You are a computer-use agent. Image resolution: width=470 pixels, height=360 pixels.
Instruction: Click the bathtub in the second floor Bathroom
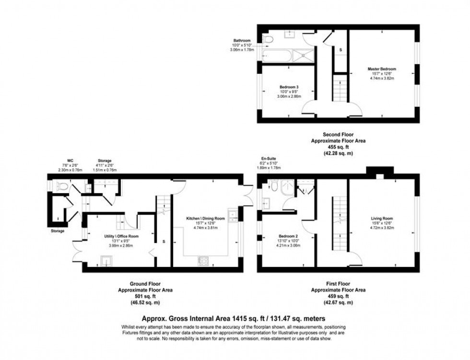(277, 56)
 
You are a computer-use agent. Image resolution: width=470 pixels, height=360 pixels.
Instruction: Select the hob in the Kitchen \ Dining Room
(203, 261)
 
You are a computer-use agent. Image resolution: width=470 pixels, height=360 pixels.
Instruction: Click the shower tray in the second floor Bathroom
(303, 56)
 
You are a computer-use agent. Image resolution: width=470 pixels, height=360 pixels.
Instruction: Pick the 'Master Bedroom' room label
(382, 69)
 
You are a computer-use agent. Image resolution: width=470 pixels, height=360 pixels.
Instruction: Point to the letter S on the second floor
(340, 50)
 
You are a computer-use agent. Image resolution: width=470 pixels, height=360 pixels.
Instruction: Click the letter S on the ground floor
(164, 241)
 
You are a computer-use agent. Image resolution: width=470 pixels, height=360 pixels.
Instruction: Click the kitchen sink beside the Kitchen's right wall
(234, 216)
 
